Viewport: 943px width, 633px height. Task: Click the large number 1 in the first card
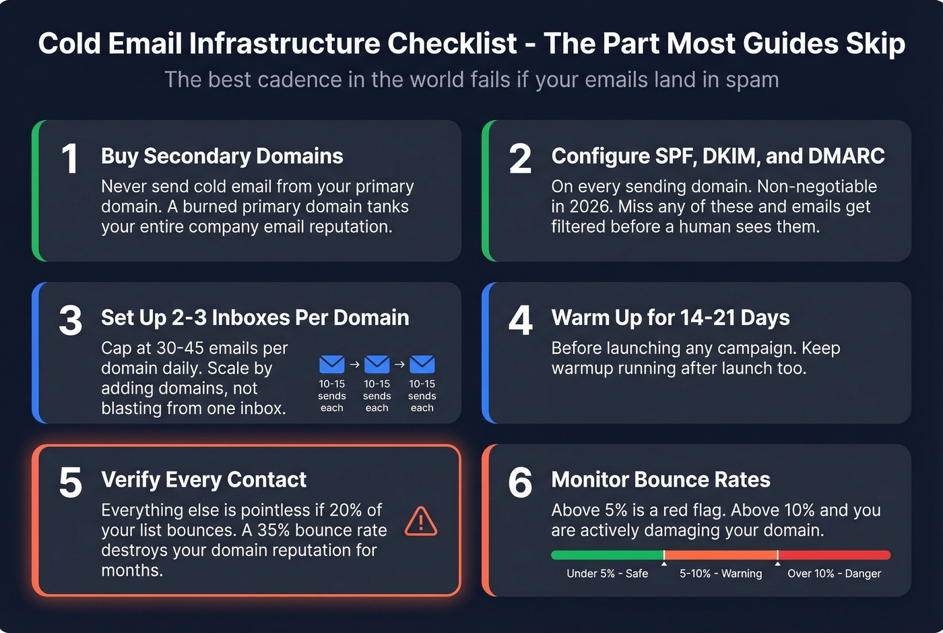(x=70, y=160)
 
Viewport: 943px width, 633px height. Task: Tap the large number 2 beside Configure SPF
(x=520, y=160)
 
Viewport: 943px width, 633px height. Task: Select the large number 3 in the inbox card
(x=71, y=321)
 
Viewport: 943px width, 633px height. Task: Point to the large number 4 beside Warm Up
(x=520, y=321)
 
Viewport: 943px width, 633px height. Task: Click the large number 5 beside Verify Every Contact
(x=71, y=483)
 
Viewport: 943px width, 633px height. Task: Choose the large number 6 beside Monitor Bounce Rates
(x=520, y=483)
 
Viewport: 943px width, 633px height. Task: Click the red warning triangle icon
(x=421, y=521)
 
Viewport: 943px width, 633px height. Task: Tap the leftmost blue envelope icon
(x=331, y=365)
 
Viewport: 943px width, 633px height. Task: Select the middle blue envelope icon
(x=377, y=365)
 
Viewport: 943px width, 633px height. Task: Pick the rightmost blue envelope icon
(x=422, y=365)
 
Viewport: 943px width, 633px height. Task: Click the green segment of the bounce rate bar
(x=607, y=555)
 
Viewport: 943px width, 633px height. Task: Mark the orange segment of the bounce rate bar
(x=721, y=555)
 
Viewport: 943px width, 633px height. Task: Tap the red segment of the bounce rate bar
(x=834, y=555)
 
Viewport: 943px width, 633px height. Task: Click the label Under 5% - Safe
(x=607, y=574)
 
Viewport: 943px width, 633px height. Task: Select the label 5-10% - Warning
(x=721, y=574)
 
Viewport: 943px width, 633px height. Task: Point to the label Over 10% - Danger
(x=834, y=574)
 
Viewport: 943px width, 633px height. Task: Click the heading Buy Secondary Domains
(x=222, y=156)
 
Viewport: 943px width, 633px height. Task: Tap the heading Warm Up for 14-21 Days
(x=670, y=318)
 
